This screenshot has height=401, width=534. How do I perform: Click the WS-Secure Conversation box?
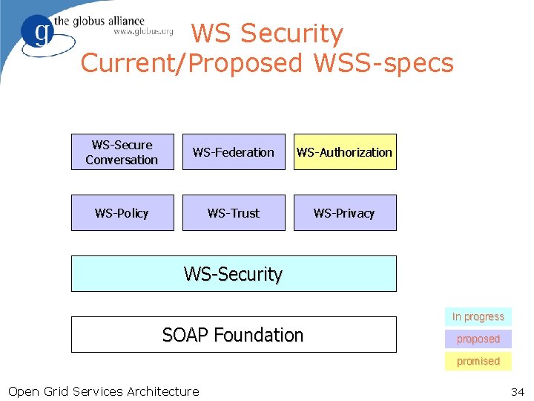coord(122,152)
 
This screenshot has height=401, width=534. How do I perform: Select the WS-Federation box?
coord(234,152)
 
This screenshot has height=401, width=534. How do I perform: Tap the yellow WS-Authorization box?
coord(345,152)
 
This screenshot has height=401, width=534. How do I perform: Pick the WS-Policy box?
coord(122,213)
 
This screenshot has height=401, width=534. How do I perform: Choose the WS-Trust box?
coord(234,213)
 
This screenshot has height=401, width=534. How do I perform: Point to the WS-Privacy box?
coord(345,213)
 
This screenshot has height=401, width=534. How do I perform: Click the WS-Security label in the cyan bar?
coord(234,274)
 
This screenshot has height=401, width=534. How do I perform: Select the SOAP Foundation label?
coord(233,335)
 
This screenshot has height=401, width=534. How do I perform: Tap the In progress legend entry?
coord(478,316)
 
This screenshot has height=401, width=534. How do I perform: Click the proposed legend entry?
coord(478,339)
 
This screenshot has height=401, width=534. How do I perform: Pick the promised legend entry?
coord(478,361)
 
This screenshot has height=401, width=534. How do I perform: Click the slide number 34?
coord(518,391)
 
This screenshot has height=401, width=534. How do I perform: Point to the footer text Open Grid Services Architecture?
coord(103,391)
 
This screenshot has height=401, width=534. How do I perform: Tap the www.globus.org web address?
coord(142,32)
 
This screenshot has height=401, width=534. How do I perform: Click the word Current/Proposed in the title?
coord(191,63)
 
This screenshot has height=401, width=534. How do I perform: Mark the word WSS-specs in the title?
coord(383,63)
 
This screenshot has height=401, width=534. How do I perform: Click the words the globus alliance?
coord(108,20)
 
